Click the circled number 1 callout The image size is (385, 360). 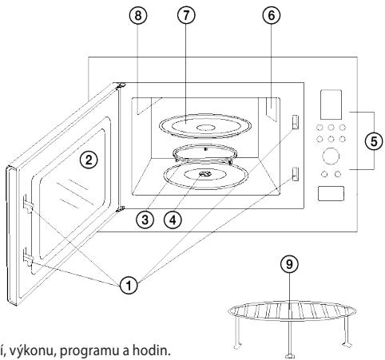129,286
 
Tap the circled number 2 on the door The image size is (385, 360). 89,160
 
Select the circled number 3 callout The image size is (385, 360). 145,220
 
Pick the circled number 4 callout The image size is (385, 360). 173,220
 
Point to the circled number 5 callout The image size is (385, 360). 374,141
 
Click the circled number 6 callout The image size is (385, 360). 271,15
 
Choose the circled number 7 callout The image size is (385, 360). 186,15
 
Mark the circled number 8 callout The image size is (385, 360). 138,15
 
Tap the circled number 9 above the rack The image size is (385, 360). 289,264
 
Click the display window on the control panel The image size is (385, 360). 331,105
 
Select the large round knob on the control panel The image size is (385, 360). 331,156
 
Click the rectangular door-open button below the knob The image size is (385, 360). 331,193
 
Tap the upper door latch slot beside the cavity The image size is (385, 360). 295,122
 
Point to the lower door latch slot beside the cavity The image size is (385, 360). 295,174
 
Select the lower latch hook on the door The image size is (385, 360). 28,257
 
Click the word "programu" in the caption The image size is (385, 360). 89,351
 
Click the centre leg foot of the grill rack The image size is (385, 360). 290,355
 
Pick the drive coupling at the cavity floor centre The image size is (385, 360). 205,174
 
